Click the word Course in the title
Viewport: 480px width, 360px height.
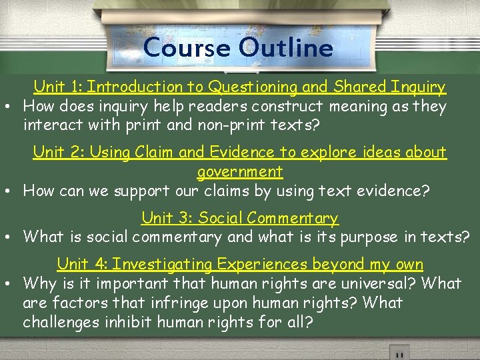tap(187, 48)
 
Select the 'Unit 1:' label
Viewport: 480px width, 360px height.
tap(58, 87)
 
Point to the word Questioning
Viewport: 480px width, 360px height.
tap(253, 87)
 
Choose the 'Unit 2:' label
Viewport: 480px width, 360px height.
tap(59, 152)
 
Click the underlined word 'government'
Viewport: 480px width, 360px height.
tap(240, 171)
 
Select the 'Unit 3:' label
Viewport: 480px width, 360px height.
tap(167, 217)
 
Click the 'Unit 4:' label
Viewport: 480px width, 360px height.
tap(82, 264)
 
